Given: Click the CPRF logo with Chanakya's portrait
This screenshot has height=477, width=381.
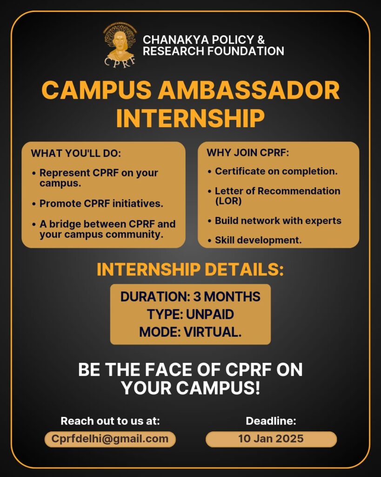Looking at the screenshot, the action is pos(120,45).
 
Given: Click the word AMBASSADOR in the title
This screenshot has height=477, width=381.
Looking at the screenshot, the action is pos(248,90).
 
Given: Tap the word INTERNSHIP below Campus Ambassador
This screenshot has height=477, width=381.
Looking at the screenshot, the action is pos(191,118).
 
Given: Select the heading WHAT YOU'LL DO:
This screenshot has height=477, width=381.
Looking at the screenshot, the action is pos(76,153).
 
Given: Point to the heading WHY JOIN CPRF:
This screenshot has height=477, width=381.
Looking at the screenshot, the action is pos(247,152).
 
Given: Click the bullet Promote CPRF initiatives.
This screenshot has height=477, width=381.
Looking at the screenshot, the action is pos(101,204).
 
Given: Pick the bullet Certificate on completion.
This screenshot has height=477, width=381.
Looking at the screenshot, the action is pos(276,171).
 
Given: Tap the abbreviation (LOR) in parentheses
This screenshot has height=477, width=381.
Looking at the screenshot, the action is pos(228,201).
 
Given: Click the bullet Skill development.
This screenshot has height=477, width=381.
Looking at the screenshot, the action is pos(258,240).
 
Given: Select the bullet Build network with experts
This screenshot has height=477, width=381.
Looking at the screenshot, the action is pos(278,220).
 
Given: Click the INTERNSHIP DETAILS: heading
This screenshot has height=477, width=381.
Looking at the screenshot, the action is pos(190,270).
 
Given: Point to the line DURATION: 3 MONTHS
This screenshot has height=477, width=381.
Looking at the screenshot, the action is pos(191,297).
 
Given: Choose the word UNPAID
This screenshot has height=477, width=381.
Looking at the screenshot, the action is pos(210,314).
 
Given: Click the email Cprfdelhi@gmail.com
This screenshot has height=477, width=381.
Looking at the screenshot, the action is pos(110,439).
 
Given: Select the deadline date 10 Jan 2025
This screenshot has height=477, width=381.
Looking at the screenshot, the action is pos(271,439).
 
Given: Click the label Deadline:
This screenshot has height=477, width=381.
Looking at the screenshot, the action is pos(271,421).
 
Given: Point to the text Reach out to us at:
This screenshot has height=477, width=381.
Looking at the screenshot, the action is pos(110,421).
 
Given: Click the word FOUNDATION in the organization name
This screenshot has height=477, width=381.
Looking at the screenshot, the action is pos(246,51).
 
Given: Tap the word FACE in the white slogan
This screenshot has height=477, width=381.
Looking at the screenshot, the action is pos(168,369).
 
